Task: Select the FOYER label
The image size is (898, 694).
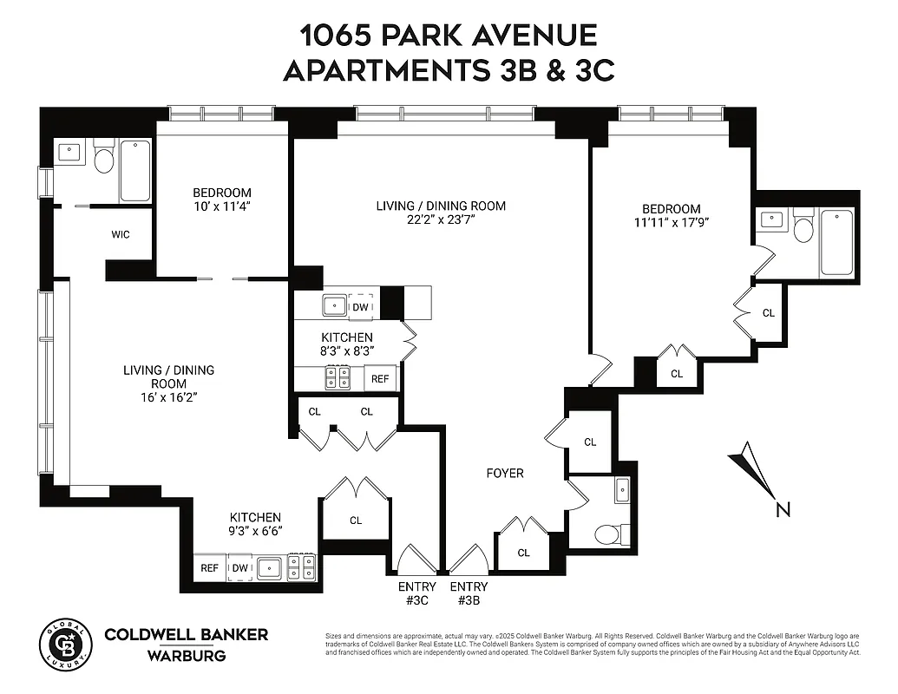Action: (504, 473)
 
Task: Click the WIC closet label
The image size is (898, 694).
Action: (121, 235)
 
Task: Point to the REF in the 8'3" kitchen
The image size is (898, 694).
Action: (381, 379)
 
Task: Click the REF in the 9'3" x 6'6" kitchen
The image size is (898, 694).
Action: (209, 568)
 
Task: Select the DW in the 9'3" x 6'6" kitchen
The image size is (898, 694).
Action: (240, 568)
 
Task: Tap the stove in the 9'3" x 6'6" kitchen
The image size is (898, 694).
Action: (302, 567)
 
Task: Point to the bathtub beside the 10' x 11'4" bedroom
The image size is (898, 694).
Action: (134, 169)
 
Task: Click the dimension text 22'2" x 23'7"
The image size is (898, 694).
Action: (440, 220)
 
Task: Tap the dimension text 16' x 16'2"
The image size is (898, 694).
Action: (167, 398)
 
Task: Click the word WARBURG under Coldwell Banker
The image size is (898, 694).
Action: (186, 656)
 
